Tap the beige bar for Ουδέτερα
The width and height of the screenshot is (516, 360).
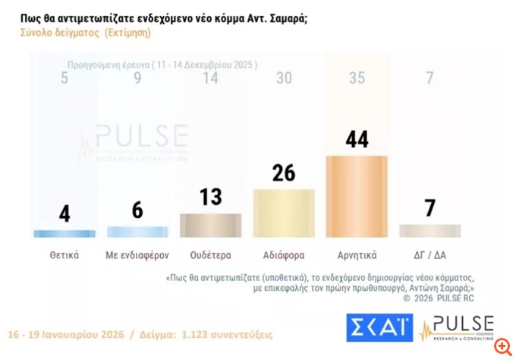[210, 226]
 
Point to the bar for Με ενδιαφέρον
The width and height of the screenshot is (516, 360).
[137, 232]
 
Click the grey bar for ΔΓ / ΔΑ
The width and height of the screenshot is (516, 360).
[429, 231]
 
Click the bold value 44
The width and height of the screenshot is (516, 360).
[356, 140]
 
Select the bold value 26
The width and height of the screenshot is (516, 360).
[283, 173]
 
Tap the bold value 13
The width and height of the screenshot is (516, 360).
[210, 197]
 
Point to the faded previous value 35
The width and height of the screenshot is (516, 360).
[355, 77]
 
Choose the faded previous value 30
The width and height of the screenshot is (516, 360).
[283, 77]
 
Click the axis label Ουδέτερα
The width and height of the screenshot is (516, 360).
[210, 255]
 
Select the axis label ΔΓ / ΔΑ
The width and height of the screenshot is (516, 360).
[429, 255]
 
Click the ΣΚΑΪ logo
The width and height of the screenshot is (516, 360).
[379, 328]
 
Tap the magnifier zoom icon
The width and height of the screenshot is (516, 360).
[502, 346]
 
